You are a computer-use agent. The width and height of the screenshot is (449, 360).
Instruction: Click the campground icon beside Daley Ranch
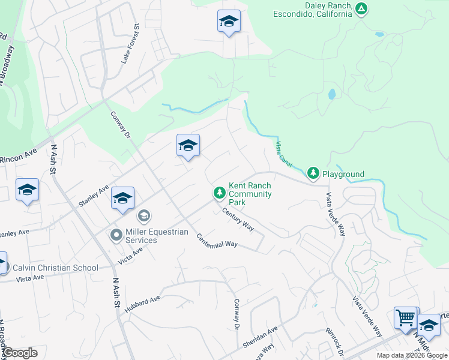coord(361,8)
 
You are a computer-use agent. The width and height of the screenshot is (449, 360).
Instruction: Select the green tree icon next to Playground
coord(313,173)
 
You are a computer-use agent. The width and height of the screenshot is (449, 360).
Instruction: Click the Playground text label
coord(343,175)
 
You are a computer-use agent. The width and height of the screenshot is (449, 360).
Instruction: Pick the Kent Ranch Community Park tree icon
coord(220,192)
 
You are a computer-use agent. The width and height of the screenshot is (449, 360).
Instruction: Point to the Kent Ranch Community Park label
coord(250,194)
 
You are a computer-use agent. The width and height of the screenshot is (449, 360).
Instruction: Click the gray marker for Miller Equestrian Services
coord(116,236)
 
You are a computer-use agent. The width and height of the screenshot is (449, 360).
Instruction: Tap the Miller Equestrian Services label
coord(149,236)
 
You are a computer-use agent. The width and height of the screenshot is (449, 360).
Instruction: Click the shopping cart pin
coord(406,317)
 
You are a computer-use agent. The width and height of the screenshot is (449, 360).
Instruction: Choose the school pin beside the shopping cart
coord(428,325)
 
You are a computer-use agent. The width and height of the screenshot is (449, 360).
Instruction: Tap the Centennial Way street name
coord(217,241)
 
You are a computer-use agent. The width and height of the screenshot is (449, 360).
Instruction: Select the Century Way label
coord(238,218)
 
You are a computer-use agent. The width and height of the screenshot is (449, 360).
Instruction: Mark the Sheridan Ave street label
coord(261,338)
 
